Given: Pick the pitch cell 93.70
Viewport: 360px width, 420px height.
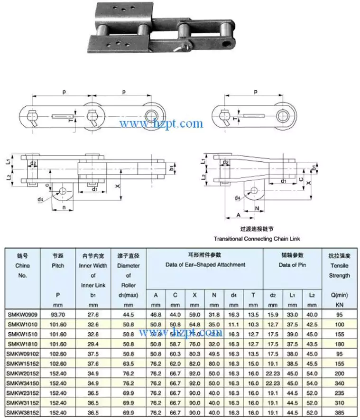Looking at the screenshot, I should (x=58, y=314).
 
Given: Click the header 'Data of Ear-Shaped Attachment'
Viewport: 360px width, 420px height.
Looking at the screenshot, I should (x=204, y=264).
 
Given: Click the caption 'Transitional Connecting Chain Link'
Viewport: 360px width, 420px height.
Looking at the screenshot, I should (x=257, y=239).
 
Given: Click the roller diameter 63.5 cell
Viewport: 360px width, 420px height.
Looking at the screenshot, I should (x=129, y=364).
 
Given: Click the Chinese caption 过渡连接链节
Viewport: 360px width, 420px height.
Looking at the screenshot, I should (x=257, y=228).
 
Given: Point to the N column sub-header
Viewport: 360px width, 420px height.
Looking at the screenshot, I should (x=214, y=295).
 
